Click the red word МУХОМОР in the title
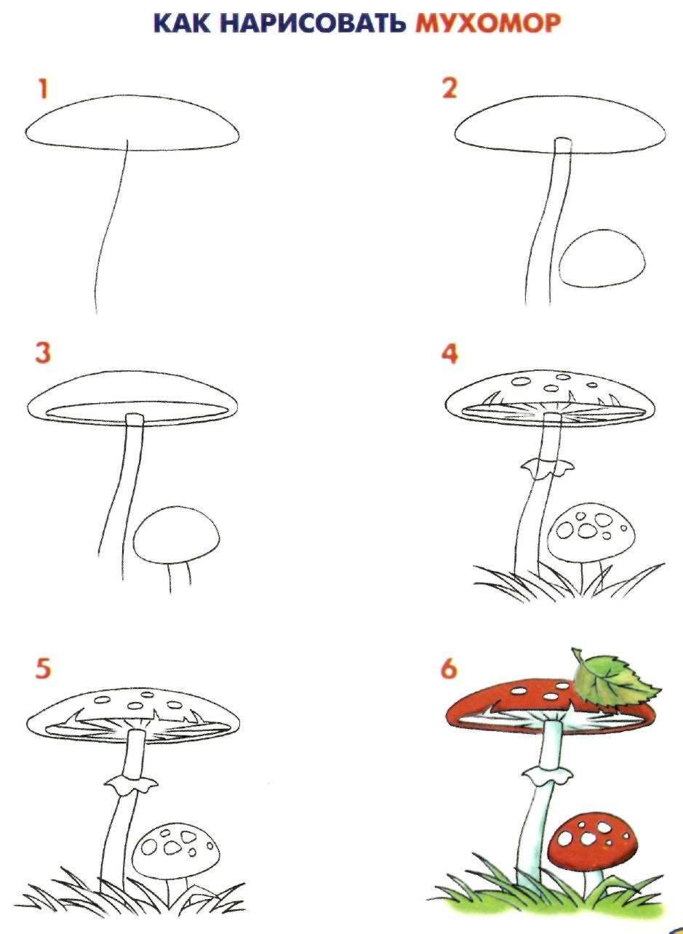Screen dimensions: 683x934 [x=488, y=23]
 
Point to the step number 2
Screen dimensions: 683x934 [x=449, y=89]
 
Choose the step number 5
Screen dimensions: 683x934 [x=42, y=668]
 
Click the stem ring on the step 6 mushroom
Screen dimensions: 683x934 [x=547, y=775]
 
